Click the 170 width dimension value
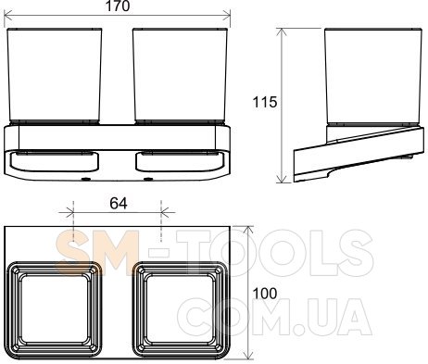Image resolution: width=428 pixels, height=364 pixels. tap(118, 6)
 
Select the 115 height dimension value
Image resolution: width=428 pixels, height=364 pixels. tap(265, 102)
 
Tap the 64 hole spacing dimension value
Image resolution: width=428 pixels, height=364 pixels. tap(119, 204)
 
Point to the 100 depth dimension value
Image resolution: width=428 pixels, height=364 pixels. tap(265, 294)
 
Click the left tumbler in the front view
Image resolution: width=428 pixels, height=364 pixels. tap(55, 76)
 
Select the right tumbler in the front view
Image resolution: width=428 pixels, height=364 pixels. tap(180, 76)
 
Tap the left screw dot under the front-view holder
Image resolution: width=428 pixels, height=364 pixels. tap(84, 179)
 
